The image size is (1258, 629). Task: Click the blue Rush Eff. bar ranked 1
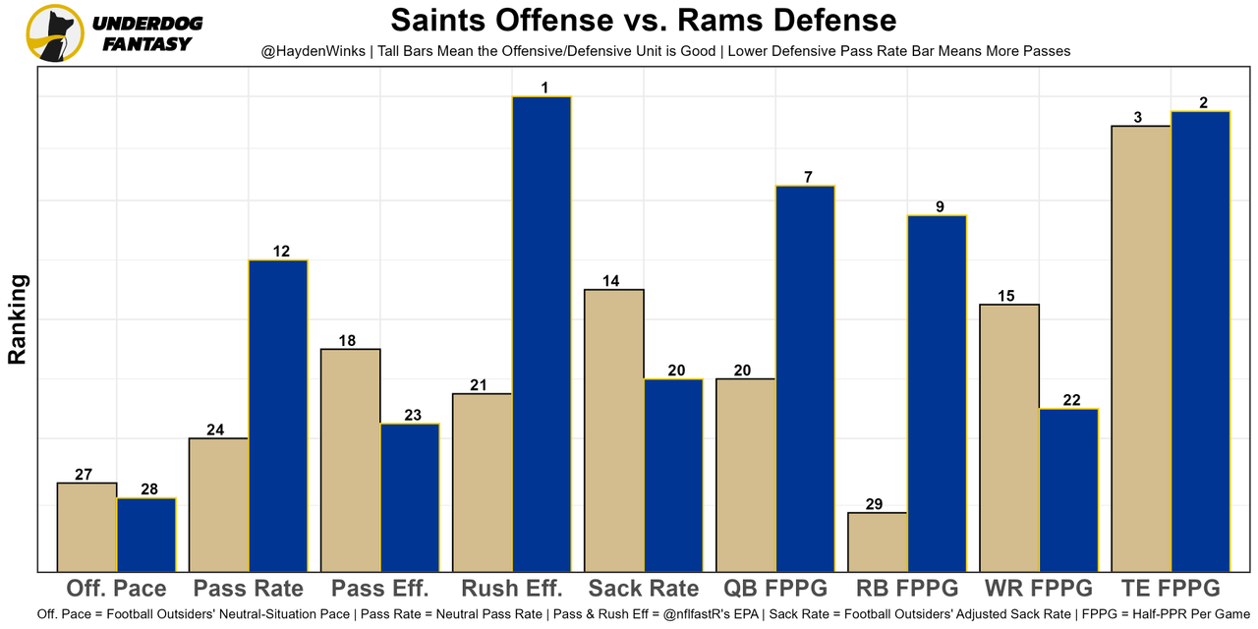pos(541,334)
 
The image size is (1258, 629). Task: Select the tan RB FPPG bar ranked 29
pos(877,542)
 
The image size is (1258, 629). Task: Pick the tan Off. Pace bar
pos(86,527)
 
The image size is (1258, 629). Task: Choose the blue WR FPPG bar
pos(1068,490)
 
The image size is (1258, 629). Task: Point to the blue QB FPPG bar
pos(804,378)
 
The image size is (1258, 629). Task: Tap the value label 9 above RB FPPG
pos(940,206)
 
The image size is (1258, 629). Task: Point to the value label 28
pos(146,489)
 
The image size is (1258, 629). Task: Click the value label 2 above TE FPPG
pos(1203,103)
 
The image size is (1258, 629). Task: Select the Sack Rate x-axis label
pos(644,589)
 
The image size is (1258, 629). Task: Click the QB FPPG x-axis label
pos(775,589)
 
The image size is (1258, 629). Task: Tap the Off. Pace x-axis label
pos(116,589)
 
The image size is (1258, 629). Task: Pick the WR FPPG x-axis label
pos(1039,589)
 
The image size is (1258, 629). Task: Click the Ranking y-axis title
pos(18,319)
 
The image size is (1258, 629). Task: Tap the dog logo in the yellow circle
pos(54,32)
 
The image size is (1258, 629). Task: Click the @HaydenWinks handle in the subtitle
pos(314,50)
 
